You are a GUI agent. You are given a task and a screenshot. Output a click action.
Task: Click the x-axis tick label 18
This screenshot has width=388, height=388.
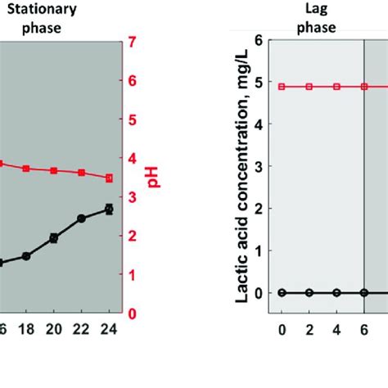click(x=26, y=329)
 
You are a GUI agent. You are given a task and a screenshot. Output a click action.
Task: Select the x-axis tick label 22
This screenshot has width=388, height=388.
click(x=81, y=329)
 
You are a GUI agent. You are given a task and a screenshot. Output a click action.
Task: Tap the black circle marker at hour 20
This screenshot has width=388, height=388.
click(x=54, y=237)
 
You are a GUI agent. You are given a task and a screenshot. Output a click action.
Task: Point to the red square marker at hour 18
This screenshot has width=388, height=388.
click(x=26, y=168)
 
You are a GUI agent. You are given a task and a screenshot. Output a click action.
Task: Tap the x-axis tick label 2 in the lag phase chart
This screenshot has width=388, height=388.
click(x=309, y=329)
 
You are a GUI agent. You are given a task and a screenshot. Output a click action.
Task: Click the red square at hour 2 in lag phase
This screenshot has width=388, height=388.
click(x=309, y=87)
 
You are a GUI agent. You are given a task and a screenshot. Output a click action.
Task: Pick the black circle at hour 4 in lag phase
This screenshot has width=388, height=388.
click(x=336, y=292)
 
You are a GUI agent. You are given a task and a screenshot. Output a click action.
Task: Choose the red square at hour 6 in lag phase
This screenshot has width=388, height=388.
click(x=363, y=87)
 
